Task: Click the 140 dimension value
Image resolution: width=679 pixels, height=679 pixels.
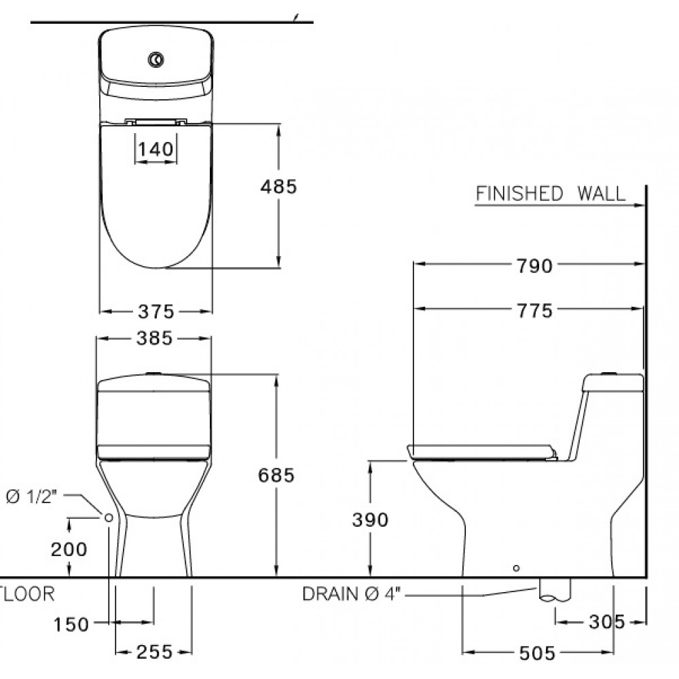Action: coord(157,149)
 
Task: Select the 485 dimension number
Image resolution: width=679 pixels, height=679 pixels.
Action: coord(278,186)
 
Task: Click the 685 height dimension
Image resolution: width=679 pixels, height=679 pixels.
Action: coord(276,476)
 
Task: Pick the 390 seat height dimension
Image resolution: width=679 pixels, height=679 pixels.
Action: coord(370,519)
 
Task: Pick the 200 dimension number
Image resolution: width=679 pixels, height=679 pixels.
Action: coord(70,549)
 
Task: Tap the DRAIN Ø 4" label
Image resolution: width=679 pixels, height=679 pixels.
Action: coord(352,595)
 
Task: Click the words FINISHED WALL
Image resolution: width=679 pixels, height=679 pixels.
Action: coord(550,194)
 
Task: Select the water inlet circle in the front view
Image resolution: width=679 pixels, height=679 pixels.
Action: coord(109,517)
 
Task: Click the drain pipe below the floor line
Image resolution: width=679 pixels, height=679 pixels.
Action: coord(555,591)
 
